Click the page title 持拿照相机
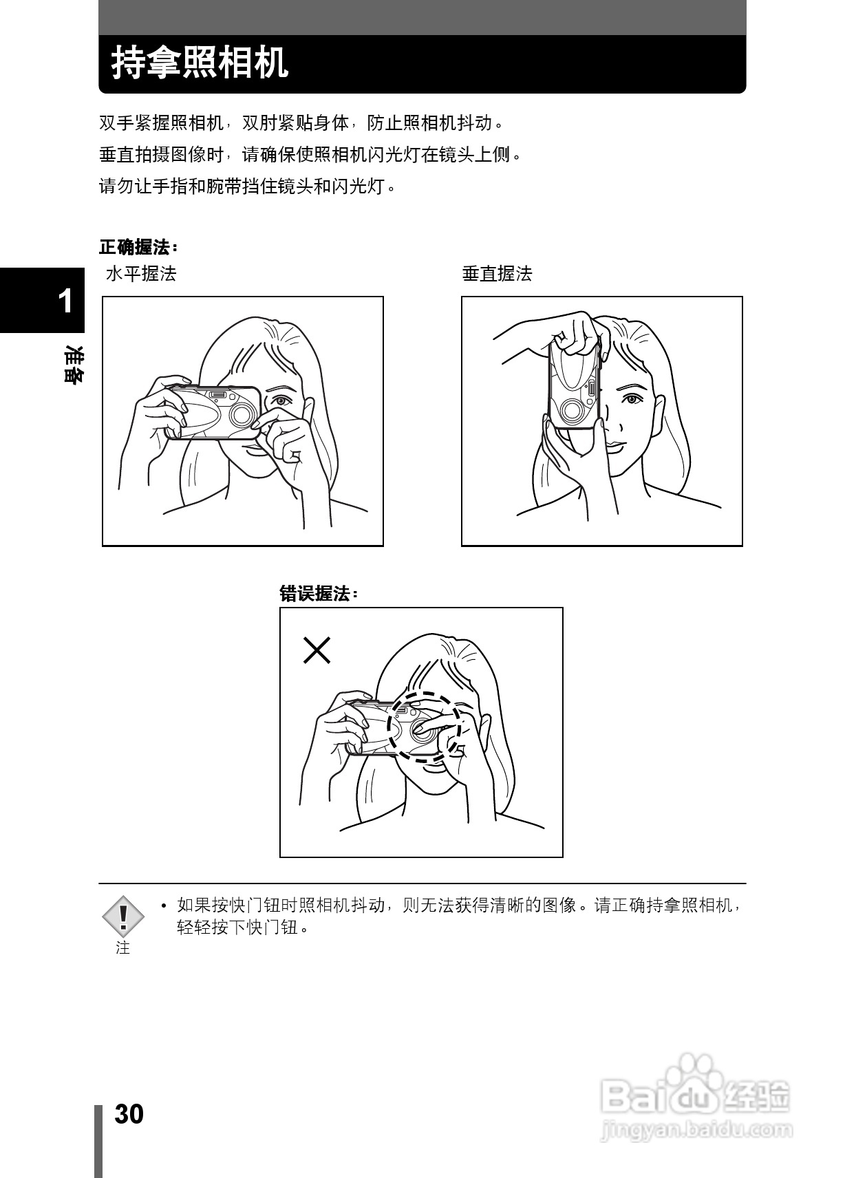tap(200, 63)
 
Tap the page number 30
tap(129, 1114)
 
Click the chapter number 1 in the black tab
tap(65, 301)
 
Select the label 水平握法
tap(141, 274)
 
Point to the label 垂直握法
tap(497, 274)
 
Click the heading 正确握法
tap(138, 246)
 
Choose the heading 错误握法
tap(318, 593)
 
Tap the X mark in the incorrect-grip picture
tap(317, 650)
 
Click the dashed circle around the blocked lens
tap(423, 726)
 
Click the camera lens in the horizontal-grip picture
tap(242, 414)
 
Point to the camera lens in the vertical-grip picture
tap(570, 410)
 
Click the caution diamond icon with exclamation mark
tap(123, 916)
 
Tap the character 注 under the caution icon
tap(123, 947)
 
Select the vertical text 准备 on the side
tap(71, 365)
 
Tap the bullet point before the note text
tap(164, 906)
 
